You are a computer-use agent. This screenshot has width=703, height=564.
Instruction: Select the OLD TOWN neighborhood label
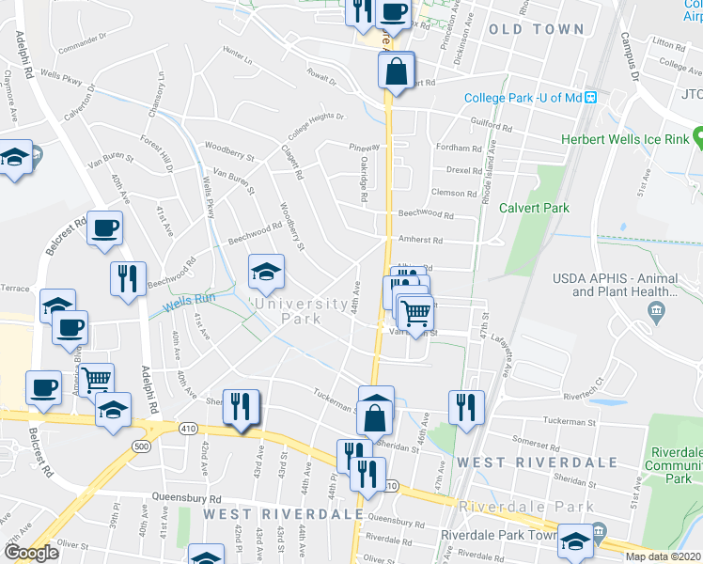click(537, 29)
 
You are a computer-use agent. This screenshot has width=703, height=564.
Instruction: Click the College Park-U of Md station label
click(523, 98)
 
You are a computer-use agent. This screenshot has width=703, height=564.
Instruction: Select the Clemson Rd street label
click(455, 193)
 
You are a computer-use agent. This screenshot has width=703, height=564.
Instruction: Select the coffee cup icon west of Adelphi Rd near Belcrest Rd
click(104, 227)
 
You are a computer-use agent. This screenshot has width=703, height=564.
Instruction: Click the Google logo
click(31, 553)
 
